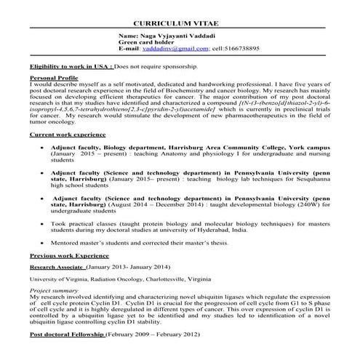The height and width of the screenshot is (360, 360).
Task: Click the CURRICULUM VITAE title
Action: [180, 23]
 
